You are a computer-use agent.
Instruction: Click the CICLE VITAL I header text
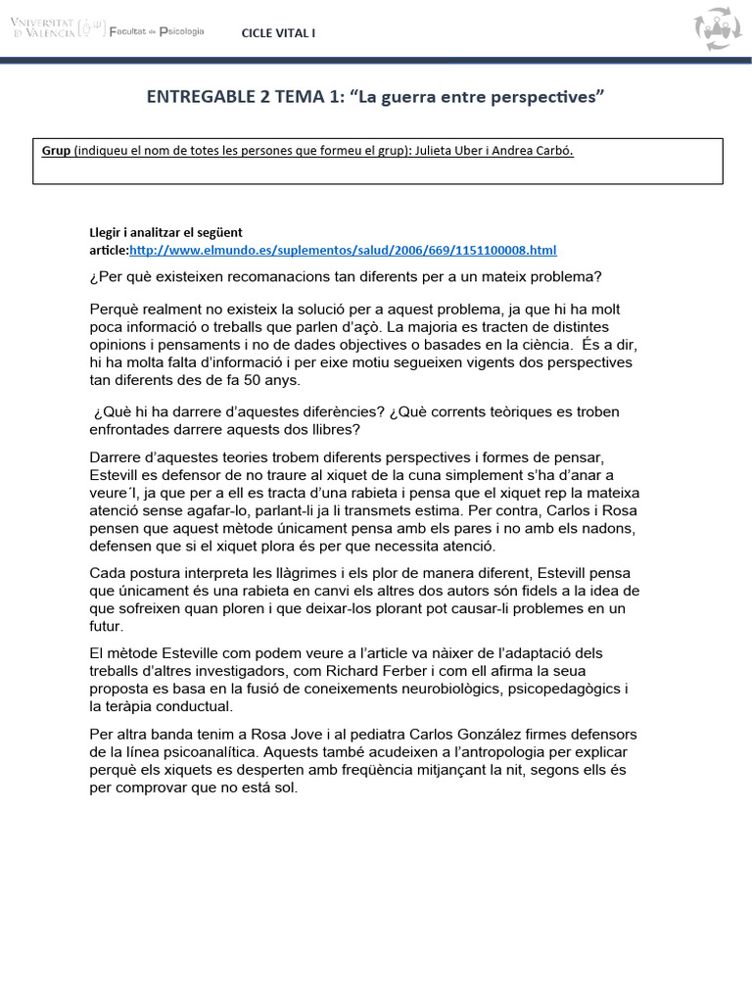(x=279, y=33)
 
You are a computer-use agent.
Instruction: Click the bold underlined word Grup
(x=56, y=151)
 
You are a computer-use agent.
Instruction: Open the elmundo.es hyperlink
(x=343, y=251)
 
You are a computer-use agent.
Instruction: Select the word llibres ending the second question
(x=335, y=429)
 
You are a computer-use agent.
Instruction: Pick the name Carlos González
(x=463, y=734)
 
